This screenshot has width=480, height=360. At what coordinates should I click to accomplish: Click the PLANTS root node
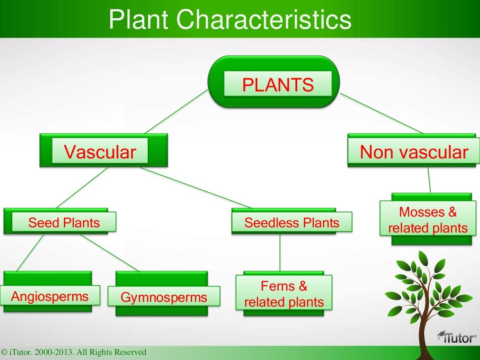pos(278,85)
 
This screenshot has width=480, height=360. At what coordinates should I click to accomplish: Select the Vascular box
pos(100,151)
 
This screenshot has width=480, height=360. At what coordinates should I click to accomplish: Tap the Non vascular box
pos(414,151)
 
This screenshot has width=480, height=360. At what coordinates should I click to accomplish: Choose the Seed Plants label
pos(64,222)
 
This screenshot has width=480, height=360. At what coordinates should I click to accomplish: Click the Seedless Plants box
pos(292,222)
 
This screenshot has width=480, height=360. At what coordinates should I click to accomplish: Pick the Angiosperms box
pos(50,296)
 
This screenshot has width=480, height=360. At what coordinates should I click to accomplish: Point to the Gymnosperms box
pos(164,297)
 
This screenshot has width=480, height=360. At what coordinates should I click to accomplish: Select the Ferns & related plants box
pos(284,293)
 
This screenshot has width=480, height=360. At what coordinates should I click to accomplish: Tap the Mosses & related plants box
pos(427,220)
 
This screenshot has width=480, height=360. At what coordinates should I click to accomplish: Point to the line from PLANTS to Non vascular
pos(382,113)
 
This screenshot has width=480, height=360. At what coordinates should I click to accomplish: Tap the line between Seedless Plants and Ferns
pos(280,253)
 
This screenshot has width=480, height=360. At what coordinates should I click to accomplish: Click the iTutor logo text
pos(457,337)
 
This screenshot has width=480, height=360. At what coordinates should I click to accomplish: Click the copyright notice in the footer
pos(74,352)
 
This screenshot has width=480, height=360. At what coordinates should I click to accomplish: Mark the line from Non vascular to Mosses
pos(428,180)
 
